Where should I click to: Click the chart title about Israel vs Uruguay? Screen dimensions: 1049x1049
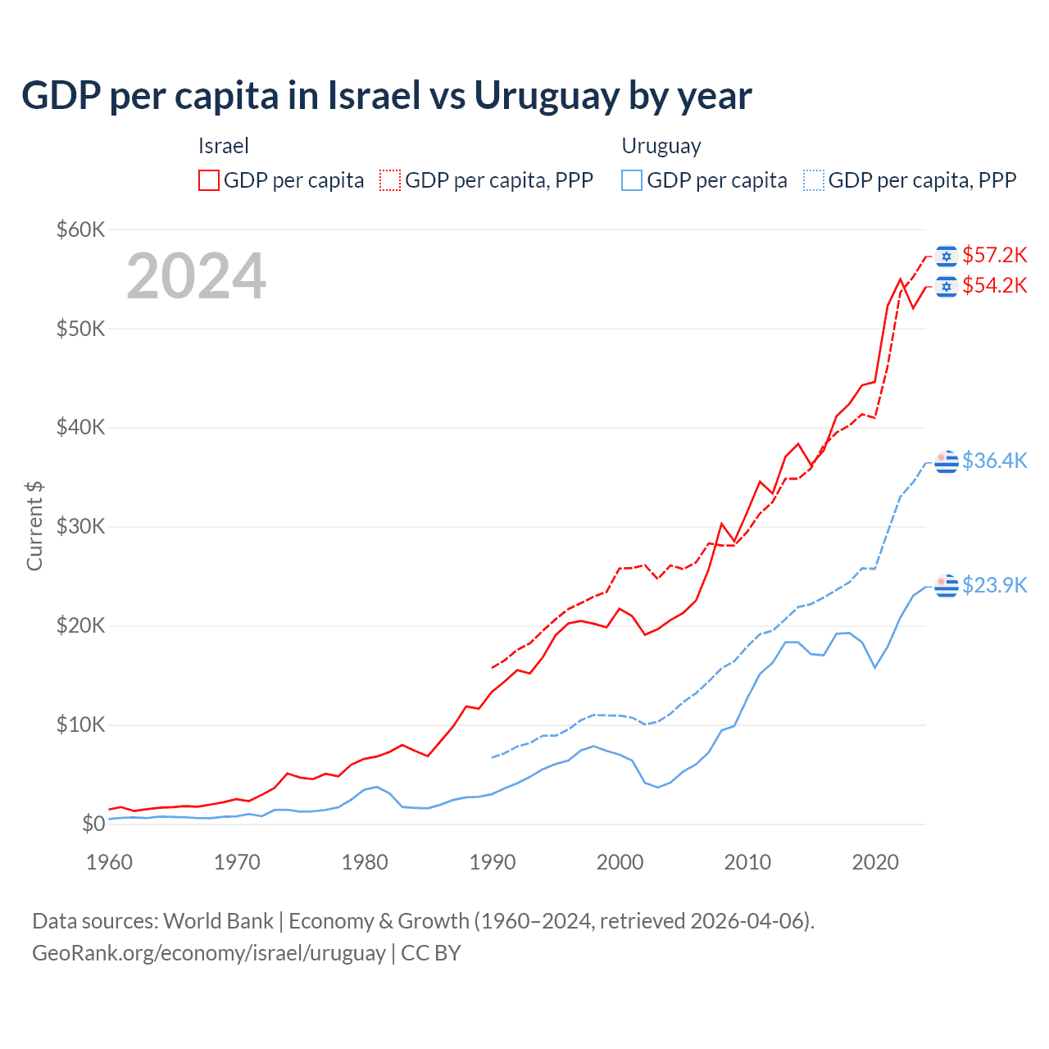tap(386, 96)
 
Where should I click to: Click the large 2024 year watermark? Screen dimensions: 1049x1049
tap(197, 276)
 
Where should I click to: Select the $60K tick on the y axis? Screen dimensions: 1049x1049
tap(80, 229)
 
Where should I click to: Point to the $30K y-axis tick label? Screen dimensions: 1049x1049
tap(80, 526)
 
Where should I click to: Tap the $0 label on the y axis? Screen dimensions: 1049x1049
tap(93, 824)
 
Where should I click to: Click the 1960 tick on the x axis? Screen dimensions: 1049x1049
tap(109, 862)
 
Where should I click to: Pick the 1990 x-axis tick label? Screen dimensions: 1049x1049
tap(493, 862)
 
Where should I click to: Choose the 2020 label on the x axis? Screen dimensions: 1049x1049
tap(875, 862)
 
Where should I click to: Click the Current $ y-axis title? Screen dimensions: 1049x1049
tap(34, 526)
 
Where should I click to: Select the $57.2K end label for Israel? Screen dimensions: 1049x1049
tap(994, 256)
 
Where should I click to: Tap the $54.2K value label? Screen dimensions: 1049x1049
tap(994, 285)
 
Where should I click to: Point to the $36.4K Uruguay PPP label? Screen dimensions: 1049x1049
tap(994, 461)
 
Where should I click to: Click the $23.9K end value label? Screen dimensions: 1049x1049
tap(994, 585)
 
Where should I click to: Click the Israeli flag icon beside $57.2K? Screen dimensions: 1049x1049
tap(947, 257)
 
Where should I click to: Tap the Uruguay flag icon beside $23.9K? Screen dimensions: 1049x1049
tap(947, 586)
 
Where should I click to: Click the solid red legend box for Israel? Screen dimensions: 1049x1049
tap(209, 180)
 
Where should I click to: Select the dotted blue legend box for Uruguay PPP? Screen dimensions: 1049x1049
tap(814, 180)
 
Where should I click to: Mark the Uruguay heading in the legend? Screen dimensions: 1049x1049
tap(661, 146)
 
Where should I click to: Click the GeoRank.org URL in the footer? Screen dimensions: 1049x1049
tap(209, 953)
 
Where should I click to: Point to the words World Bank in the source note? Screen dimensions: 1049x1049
tap(218, 921)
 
